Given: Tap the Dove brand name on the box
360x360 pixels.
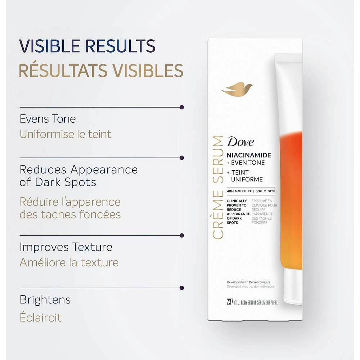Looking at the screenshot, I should (x=240, y=142).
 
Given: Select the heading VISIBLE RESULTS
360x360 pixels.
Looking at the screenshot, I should (x=87, y=46).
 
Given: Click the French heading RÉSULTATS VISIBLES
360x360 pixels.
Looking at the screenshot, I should (x=101, y=71).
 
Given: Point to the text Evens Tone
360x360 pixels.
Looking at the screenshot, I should (x=48, y=119).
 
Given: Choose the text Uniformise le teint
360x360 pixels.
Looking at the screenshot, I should (x=66, y=134).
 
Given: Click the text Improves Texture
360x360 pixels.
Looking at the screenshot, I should (x=66, y=247).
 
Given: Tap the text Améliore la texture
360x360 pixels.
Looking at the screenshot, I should (x=69, y=262).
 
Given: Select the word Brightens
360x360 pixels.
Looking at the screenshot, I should (x=45, y=300).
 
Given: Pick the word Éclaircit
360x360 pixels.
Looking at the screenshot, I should (x=41, y=317).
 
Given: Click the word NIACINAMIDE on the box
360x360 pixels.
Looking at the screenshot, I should (x=248, y=155).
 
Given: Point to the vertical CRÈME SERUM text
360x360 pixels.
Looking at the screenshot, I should (x=218, y=187).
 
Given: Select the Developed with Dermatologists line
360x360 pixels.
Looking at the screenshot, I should (x=248, y=282).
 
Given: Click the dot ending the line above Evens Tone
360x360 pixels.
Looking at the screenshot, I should (x=182, y=107).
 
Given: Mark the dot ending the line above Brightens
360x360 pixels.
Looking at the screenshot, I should (x=182, y=288).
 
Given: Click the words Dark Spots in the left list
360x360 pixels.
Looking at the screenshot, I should (x=66, y=182).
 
